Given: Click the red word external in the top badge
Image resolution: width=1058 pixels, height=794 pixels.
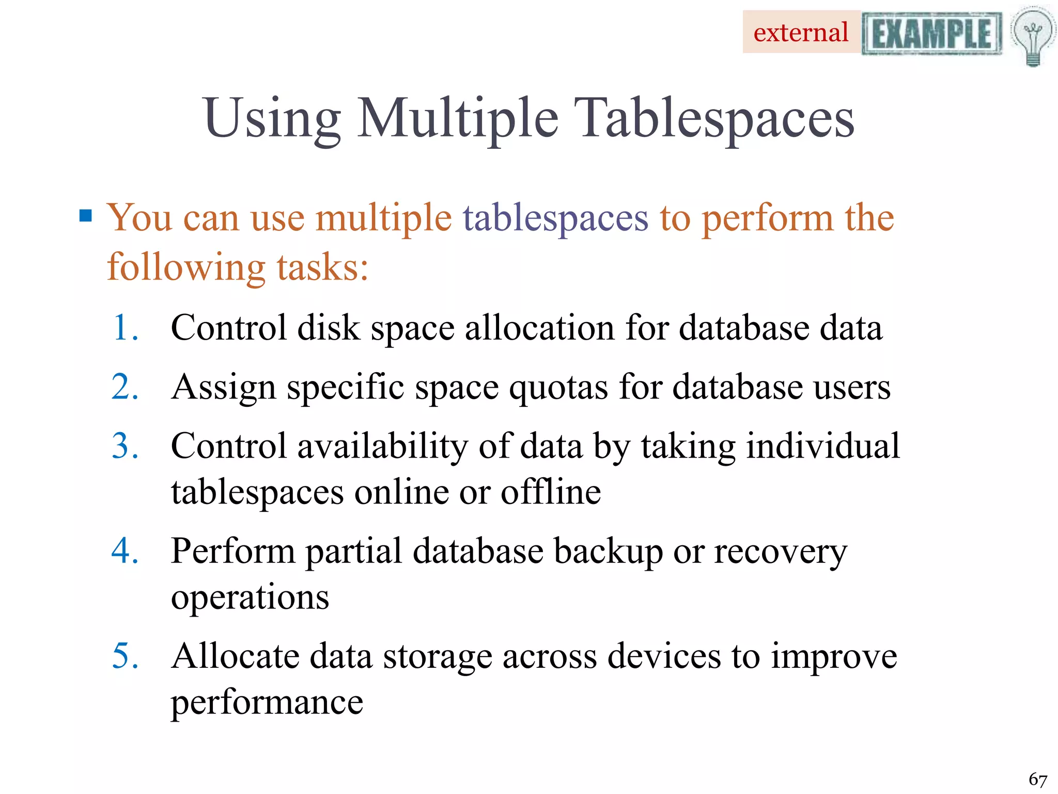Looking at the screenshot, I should click(801, 33).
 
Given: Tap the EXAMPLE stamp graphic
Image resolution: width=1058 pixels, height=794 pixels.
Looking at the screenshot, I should click(931, 34).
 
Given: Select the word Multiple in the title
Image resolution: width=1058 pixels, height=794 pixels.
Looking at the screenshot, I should click(458, 119).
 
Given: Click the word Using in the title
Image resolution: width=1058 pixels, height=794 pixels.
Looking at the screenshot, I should click(272, 119).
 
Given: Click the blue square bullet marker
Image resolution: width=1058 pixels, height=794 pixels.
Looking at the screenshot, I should click(86, 215).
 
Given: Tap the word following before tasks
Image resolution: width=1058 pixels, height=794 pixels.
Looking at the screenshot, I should click(186, 268).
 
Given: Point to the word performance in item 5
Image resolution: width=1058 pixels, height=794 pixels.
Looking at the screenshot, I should click(267, 703).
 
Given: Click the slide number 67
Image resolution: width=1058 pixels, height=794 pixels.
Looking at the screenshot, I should click(1037, 779).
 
